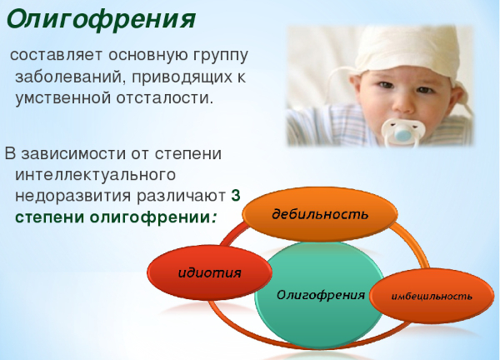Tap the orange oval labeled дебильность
(320, 214)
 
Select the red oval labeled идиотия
(209, 272)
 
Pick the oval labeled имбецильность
(432, 296)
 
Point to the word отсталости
(166, 98)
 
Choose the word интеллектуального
(93, 175)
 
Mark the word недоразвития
(68, 197)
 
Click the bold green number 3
(236, 197)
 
